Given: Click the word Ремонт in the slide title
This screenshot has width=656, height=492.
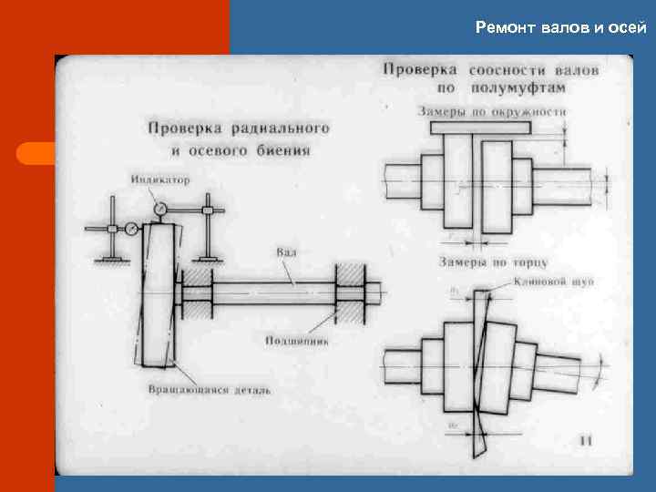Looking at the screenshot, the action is (504, 27).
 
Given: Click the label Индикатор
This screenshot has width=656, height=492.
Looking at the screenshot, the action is (160, 179).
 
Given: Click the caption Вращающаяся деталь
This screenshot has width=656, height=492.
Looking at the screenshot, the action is (209, 390).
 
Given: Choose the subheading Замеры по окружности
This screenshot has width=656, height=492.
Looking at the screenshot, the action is (492, 111).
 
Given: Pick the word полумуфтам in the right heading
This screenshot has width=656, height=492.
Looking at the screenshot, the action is (520, 88).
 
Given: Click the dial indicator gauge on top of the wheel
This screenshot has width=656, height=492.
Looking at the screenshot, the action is (161, 210).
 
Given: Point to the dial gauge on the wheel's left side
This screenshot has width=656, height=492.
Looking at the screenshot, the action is (132, 228).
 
